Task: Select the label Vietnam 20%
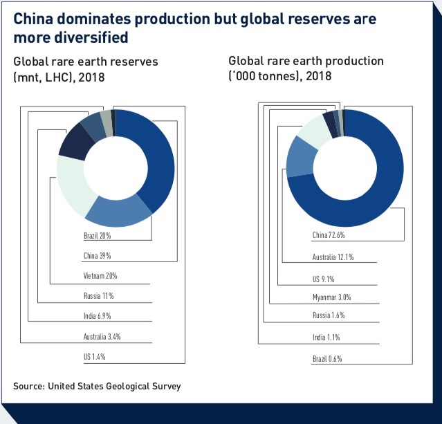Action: [x=100, y=276]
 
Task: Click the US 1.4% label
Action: [x=95, y=357]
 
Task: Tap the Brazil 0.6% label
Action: [x=327, y=359]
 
